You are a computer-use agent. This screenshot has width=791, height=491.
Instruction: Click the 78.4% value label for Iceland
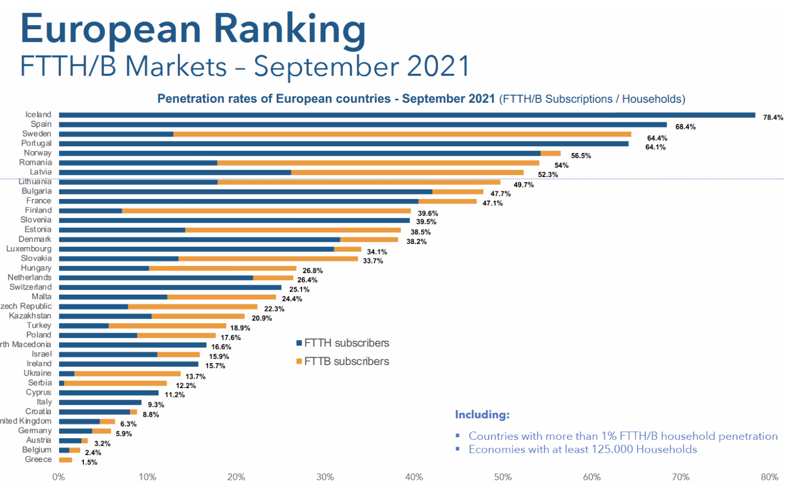[x=773, y=118]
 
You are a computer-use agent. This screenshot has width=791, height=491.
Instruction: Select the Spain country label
[x=41, y=124]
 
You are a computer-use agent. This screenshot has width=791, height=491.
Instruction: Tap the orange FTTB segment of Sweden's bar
[x=402, y=134]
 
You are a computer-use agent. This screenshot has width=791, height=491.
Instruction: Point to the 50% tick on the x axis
[x=503, y=477]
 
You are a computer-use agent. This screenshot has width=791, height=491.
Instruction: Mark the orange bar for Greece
[x=66, y=460]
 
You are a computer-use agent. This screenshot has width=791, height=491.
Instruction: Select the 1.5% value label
[x=89, y=462]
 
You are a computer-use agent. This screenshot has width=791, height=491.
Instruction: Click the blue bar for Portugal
[x=343, y=144]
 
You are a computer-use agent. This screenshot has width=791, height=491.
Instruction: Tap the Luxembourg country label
[x=29, y=249]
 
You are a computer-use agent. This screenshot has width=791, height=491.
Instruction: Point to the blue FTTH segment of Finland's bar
[x=90, y=211]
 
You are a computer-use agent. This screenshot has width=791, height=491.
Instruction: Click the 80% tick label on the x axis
[x=770, y=477]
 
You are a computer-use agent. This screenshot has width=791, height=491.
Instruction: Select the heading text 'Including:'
[x=482, y=415]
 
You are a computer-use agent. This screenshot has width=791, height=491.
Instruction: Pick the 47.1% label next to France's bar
[x=493, y=203]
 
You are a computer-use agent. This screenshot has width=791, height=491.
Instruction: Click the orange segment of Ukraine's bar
[x=127, y=373]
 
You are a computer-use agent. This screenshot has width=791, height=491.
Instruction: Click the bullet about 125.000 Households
[x=582, y=450]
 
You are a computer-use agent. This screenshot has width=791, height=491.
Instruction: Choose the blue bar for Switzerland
[x=170, y=287]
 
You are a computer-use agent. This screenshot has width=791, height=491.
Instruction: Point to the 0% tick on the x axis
[x=58, y=477]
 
